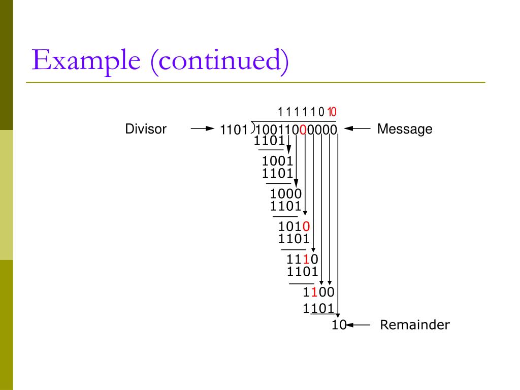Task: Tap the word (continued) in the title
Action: pos(218,60)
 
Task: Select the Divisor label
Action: pos(146,129)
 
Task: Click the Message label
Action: pos(405,129)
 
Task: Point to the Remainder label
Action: pos(415,325)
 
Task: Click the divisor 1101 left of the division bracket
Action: pos(234,131)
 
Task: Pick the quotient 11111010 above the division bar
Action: pos(307,112)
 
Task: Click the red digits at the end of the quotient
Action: pos(331,112)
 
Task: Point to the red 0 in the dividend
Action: pos(303,130)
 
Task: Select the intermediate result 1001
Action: pos(278,161)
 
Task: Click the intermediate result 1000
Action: pos(286,193)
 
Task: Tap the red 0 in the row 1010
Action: pos(306,226)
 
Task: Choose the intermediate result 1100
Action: pos(318,292)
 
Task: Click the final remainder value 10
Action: pos(338,325)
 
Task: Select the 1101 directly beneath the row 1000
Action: pos(286,206)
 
